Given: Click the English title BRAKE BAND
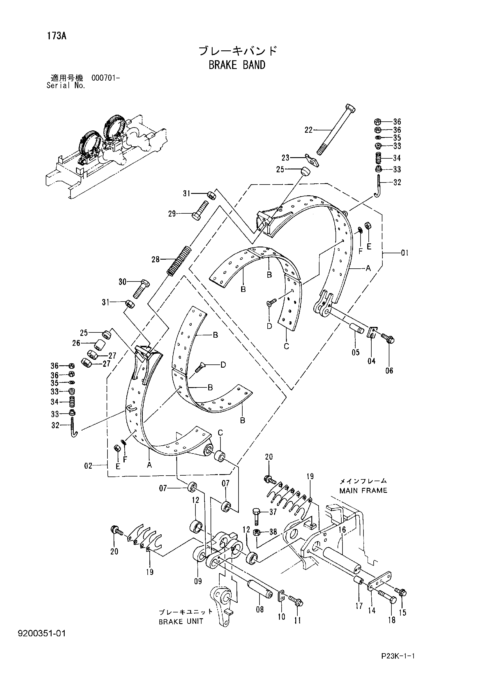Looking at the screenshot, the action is pyautogui.click(x=237, y=65).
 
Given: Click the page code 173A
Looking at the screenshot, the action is pyautogui.click(x=57, y=36).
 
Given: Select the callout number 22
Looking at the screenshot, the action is pyautogui.click(x=309, y=130).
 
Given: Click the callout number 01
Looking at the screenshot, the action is pyautogui.click(x=405, y=253).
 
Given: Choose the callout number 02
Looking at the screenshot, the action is pyautogui.click(x=88, y=466).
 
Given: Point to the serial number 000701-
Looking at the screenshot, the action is pyautogui.click(x=105, y=78).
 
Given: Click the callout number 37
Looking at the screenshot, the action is pyautogui.click(x=273, y=512).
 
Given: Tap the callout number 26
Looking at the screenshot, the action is pyautogui.click(x=76, y=343).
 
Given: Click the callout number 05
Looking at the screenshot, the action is pyautogui.click(x=356, y=352).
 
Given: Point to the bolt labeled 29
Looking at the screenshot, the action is pyautogui.click(x=201, y=210).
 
